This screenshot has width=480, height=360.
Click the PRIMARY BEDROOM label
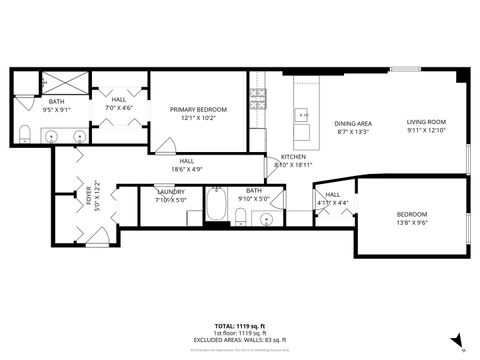[x=199, y=108]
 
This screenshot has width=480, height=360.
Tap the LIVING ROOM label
[x=425, y=122]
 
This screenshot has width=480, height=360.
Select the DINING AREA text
[x=353, y=122]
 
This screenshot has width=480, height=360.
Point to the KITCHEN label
[x=293, y=157]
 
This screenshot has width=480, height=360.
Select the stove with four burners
[x=258, y=98]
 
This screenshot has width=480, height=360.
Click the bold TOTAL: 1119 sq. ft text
[x=240, y=326]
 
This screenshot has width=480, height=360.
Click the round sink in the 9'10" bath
[x=267, y=218]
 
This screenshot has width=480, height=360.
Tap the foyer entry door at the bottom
[x=97, y=237]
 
